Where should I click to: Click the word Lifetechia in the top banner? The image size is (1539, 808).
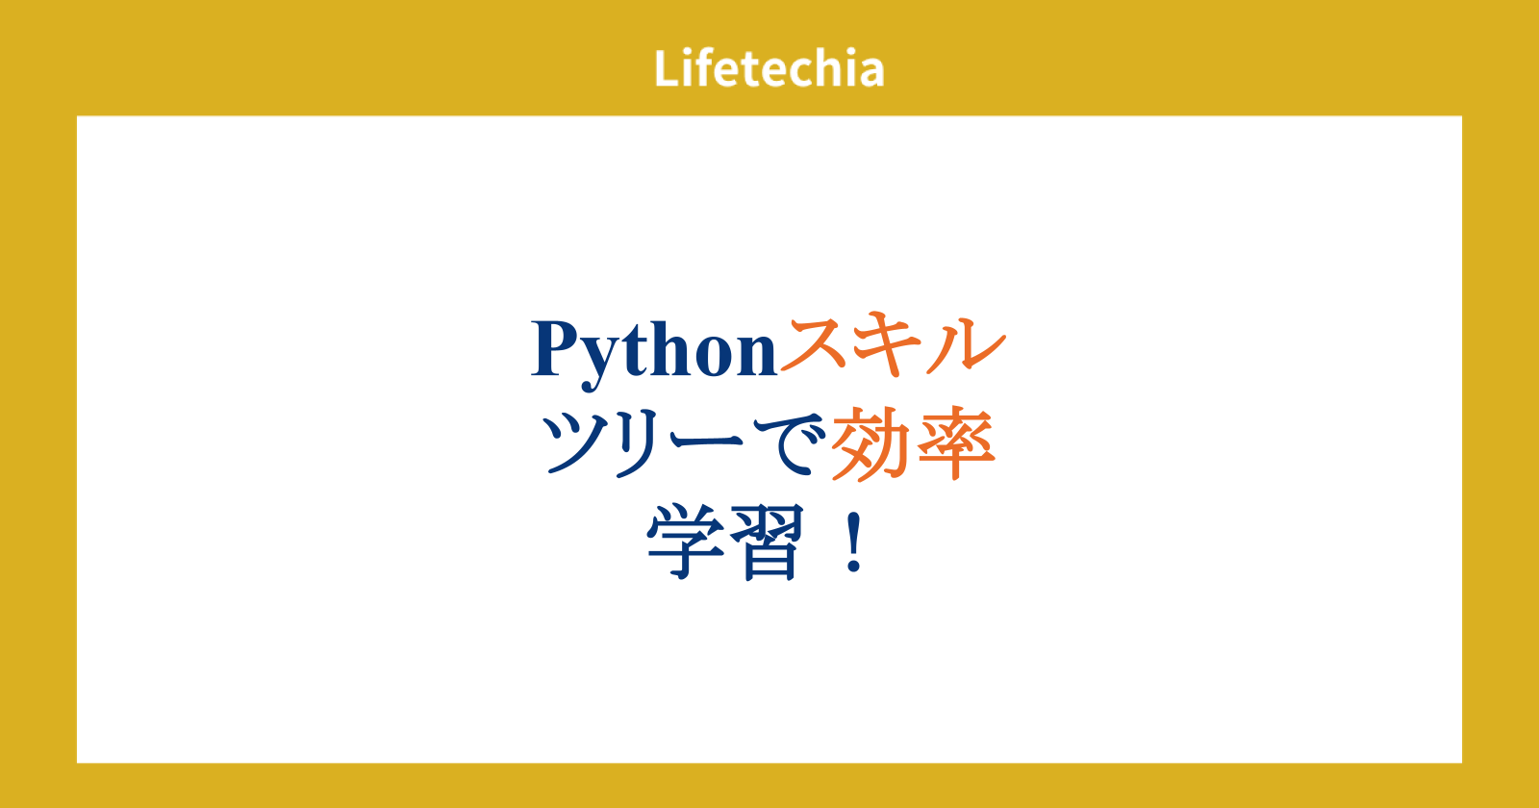coord(769,68)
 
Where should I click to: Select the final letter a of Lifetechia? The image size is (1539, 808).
coord(870,73)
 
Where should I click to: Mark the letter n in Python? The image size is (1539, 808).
coord(757,356)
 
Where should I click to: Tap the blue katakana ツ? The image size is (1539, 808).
coord(576,443)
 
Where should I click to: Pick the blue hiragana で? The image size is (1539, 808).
coord(790,443)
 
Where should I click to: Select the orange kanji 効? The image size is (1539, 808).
coord(870,443)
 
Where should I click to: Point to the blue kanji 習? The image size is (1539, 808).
coord(769,542)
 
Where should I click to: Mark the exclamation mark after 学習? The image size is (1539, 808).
coord(855,543)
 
